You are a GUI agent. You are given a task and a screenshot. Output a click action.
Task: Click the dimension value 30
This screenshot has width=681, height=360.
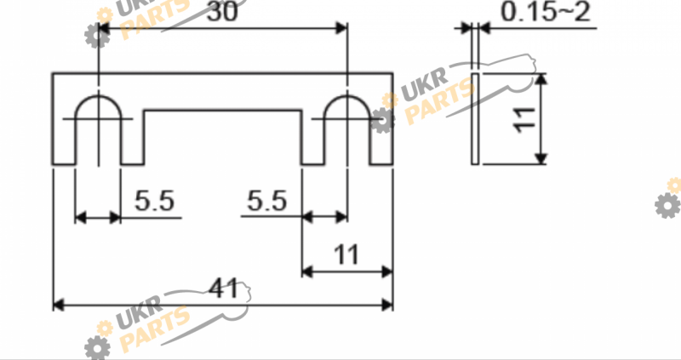point(222,12)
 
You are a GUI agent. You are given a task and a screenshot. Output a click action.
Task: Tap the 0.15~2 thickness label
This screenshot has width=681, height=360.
point(546,12)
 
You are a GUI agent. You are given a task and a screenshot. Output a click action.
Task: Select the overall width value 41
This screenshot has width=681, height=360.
point(224,289)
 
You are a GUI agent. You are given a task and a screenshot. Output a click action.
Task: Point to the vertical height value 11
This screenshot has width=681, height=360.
point(524,119)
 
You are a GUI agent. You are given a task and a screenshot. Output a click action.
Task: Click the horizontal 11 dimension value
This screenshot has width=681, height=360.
point(346,255)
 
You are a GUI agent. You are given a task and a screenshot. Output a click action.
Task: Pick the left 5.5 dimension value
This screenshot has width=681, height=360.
point(154,201)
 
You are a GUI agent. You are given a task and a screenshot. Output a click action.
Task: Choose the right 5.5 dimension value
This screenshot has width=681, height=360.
point(267,201)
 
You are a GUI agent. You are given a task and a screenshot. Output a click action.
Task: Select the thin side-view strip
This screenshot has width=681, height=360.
point(475,119)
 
